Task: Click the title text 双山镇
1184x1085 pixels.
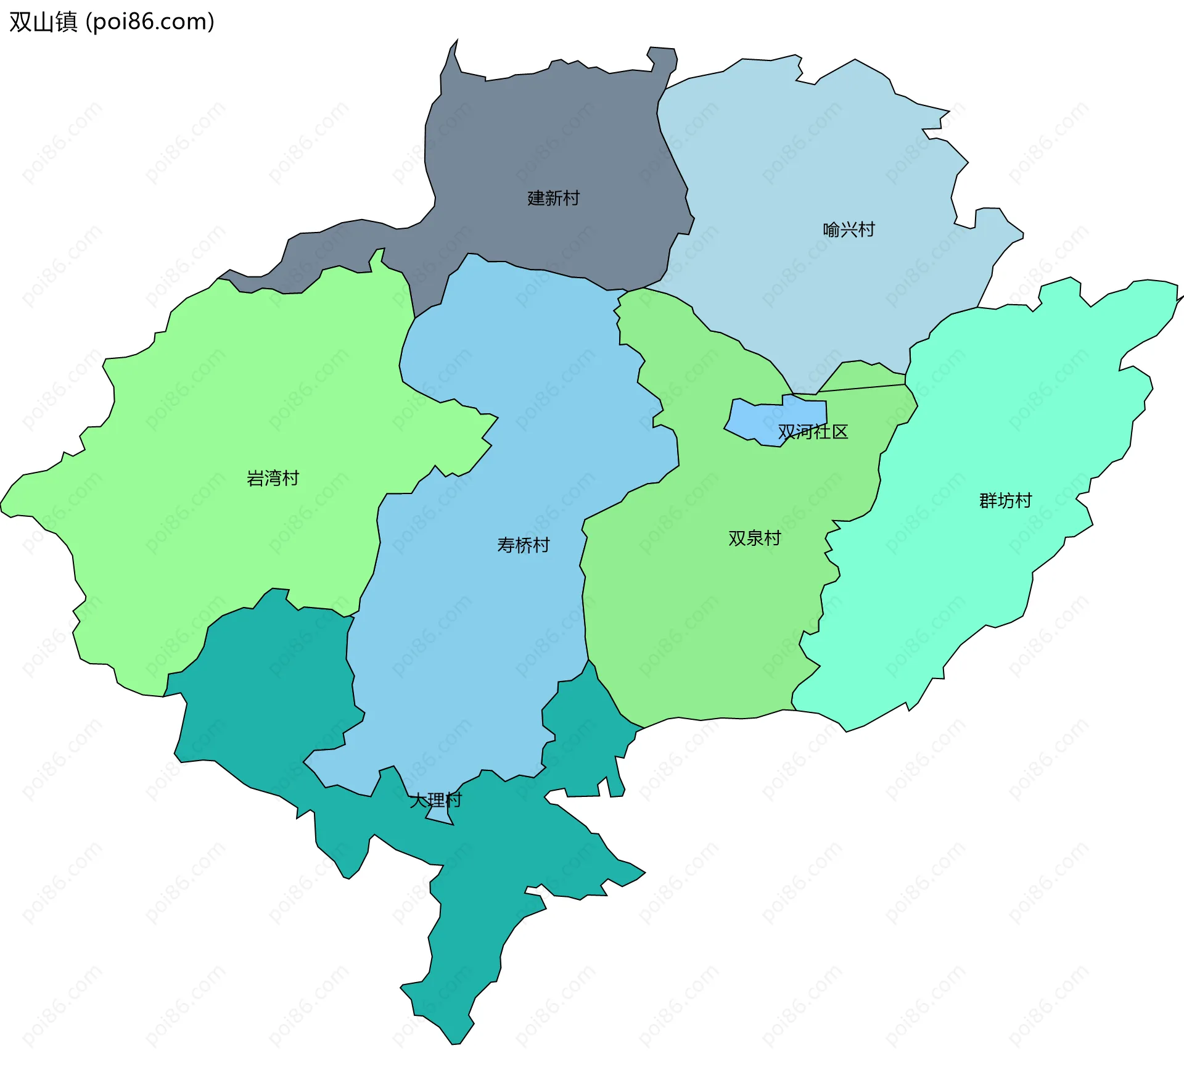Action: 43,22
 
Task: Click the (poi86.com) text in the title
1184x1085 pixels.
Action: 150,22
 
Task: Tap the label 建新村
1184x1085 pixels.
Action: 553,198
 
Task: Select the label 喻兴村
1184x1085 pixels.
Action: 849,229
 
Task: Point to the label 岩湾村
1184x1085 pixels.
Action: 273,478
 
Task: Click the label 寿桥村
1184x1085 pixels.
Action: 523,545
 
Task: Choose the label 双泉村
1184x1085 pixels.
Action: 754,538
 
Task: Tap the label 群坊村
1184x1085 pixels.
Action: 1005,500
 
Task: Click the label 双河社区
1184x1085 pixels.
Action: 813,432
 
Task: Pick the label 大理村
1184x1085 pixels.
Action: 435,800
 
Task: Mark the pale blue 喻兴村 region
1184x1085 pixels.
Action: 802,160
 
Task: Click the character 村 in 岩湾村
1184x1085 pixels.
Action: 290,478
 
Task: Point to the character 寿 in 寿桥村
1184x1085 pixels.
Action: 506,545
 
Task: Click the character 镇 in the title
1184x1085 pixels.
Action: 67,22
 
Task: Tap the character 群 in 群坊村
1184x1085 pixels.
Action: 988,500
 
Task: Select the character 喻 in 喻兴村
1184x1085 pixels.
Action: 831,229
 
